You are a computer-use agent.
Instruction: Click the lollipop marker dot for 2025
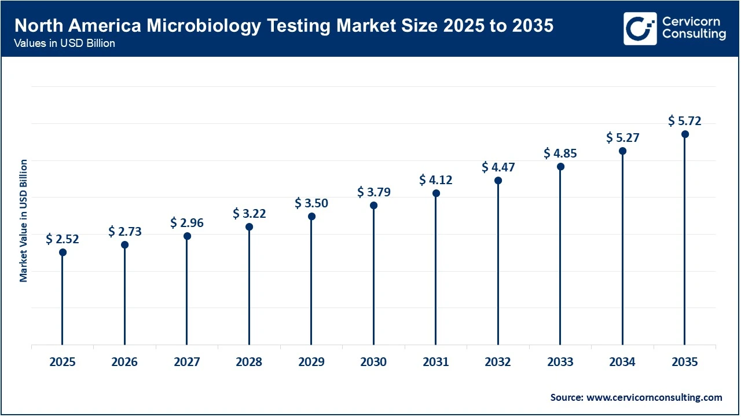(x=63, y=252)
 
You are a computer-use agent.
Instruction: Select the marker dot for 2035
(x=685, y=134)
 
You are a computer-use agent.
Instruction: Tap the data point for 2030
(x=373, y=206)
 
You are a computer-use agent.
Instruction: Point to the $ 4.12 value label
(x=436, y=180)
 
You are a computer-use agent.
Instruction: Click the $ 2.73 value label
(x=124, y=232)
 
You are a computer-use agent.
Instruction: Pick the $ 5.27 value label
(x=622, y=138)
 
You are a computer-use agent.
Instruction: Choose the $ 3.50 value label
(x=311, y=203)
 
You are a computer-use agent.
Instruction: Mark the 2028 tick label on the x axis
(x=249, y=362)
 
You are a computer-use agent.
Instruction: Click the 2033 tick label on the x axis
(x=560, y=362)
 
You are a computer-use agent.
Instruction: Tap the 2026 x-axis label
(x=124, y=362)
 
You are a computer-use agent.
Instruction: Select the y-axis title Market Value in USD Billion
(x=24, y=221)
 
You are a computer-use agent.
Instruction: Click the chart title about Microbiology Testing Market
(x=284, y=26)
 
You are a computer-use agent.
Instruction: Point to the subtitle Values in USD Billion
(x=64, y=43)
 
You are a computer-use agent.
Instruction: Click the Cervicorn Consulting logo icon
(x=640, y=28)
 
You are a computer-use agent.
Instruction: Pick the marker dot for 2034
(x=622, y=151)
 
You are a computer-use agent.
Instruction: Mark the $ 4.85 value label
(x=560, y=153)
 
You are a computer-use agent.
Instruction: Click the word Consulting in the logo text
(x=694, y=35)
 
